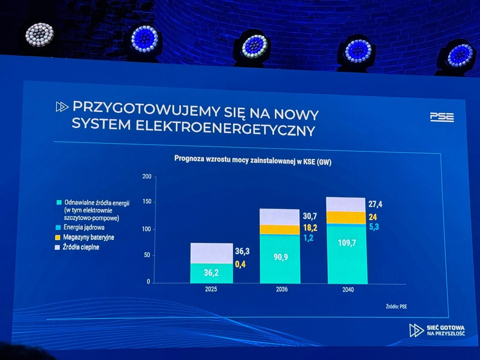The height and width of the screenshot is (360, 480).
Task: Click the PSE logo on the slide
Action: click(442, 117)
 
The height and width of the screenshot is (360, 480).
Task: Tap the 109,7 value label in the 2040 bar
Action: click(347, 243)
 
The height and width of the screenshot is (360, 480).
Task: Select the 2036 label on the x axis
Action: click(282, 289)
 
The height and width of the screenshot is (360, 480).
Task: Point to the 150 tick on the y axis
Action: click(147, 202)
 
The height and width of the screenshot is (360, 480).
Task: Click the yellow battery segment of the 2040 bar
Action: click(346, 217)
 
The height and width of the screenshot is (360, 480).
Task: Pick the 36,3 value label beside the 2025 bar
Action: click(242, 251)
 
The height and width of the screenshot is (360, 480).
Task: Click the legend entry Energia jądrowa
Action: click(84, 227)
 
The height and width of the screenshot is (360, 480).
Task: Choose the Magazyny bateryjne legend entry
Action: click(88, 237)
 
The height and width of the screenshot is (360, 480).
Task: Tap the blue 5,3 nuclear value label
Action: click(374, 227)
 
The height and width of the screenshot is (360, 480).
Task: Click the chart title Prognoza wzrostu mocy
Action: click(253, 160)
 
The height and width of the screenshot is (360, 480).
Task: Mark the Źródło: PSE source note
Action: click(396, 307)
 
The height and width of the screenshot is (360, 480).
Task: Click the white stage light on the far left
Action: click(39, 34)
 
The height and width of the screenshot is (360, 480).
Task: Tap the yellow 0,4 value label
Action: click(240, 264)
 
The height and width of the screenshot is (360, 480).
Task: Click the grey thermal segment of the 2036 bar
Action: click(280, 217)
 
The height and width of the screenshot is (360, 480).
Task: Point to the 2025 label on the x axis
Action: click(211, 289)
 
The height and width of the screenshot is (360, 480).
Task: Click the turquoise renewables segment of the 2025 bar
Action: click(211, 273)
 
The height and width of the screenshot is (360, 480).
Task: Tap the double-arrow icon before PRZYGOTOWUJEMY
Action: click(62, 107)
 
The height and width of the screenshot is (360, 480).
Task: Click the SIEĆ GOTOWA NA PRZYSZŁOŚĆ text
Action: click(445, 330)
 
